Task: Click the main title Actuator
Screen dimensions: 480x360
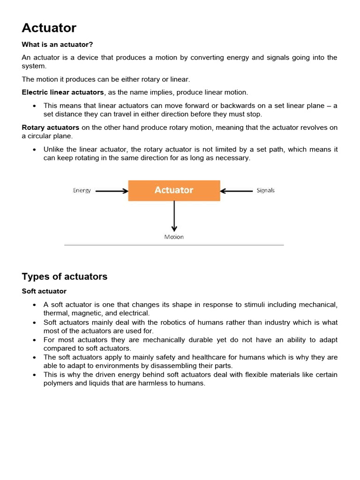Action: point(49,28)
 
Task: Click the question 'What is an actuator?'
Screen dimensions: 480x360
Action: point(57,45)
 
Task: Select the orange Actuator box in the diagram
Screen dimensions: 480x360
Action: point(174,190)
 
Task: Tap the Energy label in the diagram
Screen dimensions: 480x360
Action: point(82,191)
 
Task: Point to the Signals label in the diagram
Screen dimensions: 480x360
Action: point(265,191)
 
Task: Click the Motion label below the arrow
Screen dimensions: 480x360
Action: point(174,237)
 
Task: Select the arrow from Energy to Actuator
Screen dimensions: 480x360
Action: point(112,191)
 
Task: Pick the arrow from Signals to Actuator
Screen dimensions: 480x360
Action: point(236,191)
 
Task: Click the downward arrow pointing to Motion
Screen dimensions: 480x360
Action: point(174,216)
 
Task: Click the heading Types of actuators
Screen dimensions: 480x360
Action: point(65,276)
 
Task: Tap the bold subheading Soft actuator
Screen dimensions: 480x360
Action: point(44,291)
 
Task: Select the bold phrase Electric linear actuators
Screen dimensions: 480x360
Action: point(63,92)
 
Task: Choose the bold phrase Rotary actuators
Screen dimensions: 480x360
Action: point(51,127)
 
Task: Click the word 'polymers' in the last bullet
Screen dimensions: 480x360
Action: point(58,383)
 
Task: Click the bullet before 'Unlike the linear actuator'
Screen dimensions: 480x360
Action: point(35,150)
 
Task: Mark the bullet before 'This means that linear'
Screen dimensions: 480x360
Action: point(35,106)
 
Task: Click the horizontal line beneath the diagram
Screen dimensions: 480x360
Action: point(174,245)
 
